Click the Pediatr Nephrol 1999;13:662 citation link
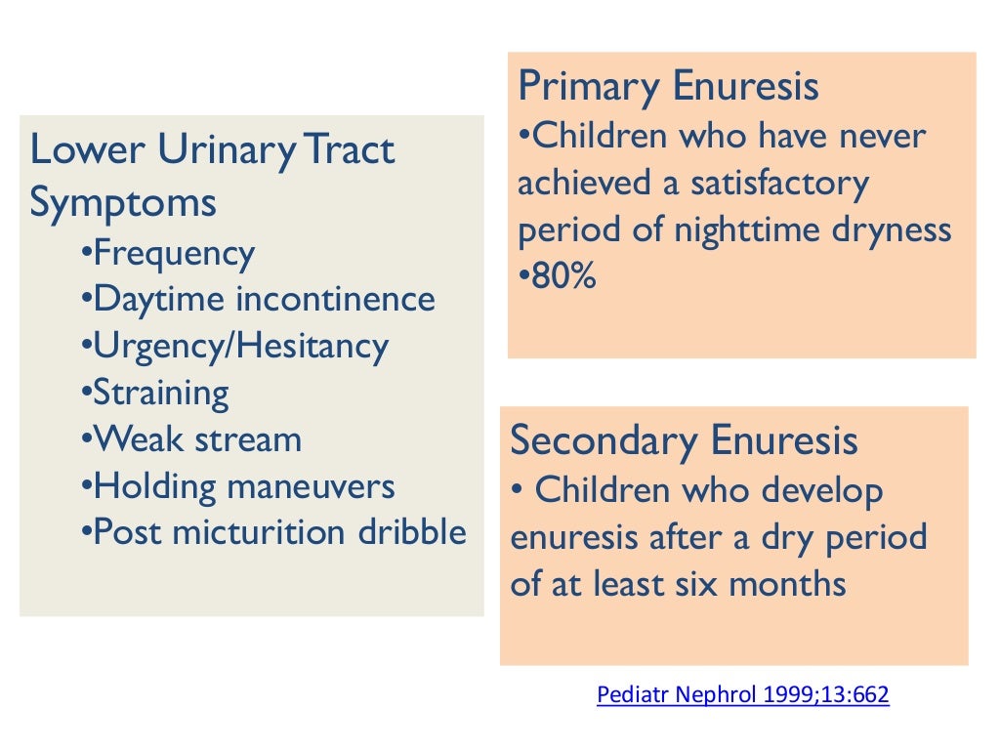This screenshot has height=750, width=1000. coord(742,696)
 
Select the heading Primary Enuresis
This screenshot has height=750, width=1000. coord(668,87)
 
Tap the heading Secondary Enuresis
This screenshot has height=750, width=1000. coord(684,440)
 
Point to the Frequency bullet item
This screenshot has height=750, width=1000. coord(174,254)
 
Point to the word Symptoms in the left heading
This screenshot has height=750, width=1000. coord(123,204)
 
